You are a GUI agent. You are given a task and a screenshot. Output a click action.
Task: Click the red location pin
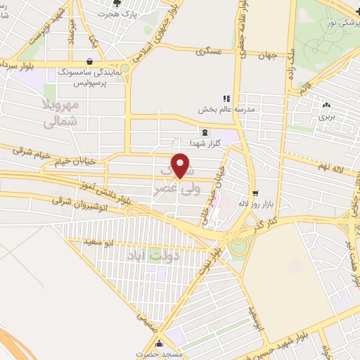[181, 165]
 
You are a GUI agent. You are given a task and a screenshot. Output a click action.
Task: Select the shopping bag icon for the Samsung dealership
[89, 62]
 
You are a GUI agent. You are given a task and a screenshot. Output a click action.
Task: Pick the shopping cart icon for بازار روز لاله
[255, 191]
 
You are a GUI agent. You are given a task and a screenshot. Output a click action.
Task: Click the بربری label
[328, 117]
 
